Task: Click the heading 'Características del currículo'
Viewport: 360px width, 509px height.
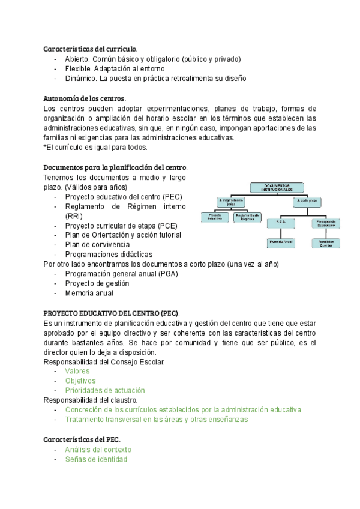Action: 90,49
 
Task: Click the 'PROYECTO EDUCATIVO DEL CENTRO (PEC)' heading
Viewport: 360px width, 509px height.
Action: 111,313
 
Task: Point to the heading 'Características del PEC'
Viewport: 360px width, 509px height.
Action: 82,440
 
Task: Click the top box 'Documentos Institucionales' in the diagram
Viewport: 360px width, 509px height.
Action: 277,188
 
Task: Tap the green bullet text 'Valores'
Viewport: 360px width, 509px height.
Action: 77,371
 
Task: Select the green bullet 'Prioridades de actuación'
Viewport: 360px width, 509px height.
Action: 105,390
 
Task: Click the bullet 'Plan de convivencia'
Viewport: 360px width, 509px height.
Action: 97,245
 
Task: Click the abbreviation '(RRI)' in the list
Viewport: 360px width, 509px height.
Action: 74,216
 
